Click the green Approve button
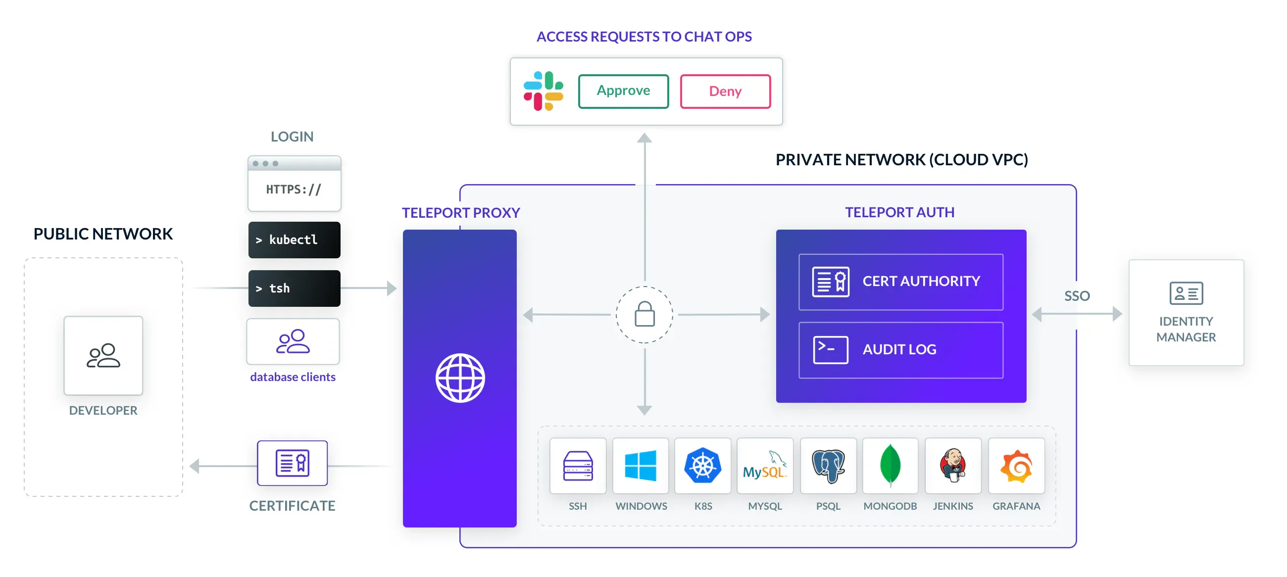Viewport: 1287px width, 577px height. click(x=623, y=91)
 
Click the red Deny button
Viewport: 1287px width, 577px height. click(x=725, y=92)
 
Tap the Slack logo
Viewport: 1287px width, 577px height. click(x=543, y=91)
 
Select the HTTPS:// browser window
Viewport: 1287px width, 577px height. click(x=294, y=184)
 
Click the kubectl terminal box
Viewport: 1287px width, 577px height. click(x=294, y=240)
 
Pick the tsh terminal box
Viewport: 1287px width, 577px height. click(x=294, y=288)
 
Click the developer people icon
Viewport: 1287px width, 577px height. click(x=103, y=356)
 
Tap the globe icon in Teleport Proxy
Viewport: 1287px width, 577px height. click(x=460, y=378)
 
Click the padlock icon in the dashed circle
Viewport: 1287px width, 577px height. click(x=644, y=315)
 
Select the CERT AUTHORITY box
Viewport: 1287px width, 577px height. click(x=900, y=282)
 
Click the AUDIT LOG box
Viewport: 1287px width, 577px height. click(x=900, y=350)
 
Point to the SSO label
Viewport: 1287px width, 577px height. click(x=1077, y=296)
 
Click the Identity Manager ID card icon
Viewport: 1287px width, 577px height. click(x=1186, y=293)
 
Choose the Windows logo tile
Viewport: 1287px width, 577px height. click(x=641, y=466)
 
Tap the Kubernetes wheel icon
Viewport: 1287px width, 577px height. click(x=702, y=466)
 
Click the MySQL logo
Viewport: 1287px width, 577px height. click(x=765, y=466)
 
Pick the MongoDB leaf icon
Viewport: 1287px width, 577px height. click(x=890, y=466)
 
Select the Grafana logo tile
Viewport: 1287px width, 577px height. click(x=1016, y=466)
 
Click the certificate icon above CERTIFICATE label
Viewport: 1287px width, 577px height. click(x=292, y=463)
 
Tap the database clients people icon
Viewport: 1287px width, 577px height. click(x=293, y=342)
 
